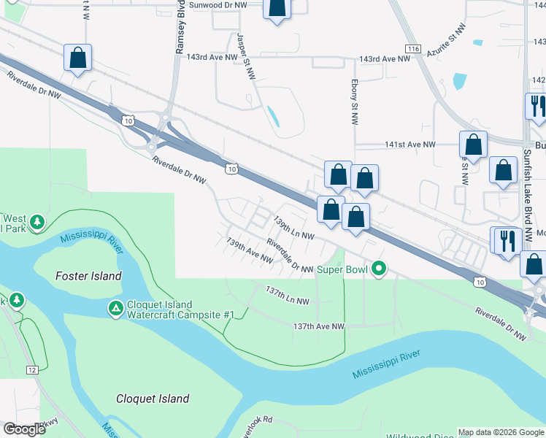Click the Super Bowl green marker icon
378,270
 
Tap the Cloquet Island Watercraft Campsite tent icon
115,310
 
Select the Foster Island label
89,276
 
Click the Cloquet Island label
153,399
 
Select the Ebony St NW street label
354,102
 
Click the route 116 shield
415,48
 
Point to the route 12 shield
32,370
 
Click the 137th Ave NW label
318,326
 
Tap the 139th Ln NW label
293,227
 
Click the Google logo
25,429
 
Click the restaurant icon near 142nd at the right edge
537,105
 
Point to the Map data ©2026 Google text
501,432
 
